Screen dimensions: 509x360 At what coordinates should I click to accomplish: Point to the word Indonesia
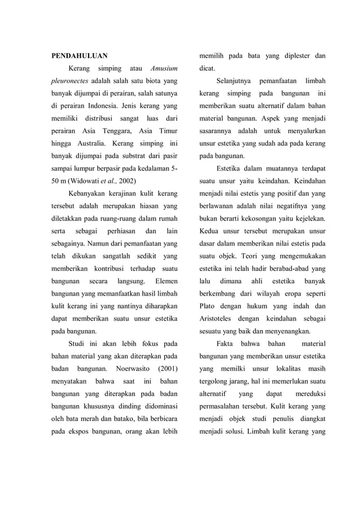click(118, 106)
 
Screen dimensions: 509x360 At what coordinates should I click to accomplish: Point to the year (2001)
click(166, 368)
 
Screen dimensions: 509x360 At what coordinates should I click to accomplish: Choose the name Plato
click(208, 306)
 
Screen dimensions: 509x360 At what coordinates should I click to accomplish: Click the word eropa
click(289, 293)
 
